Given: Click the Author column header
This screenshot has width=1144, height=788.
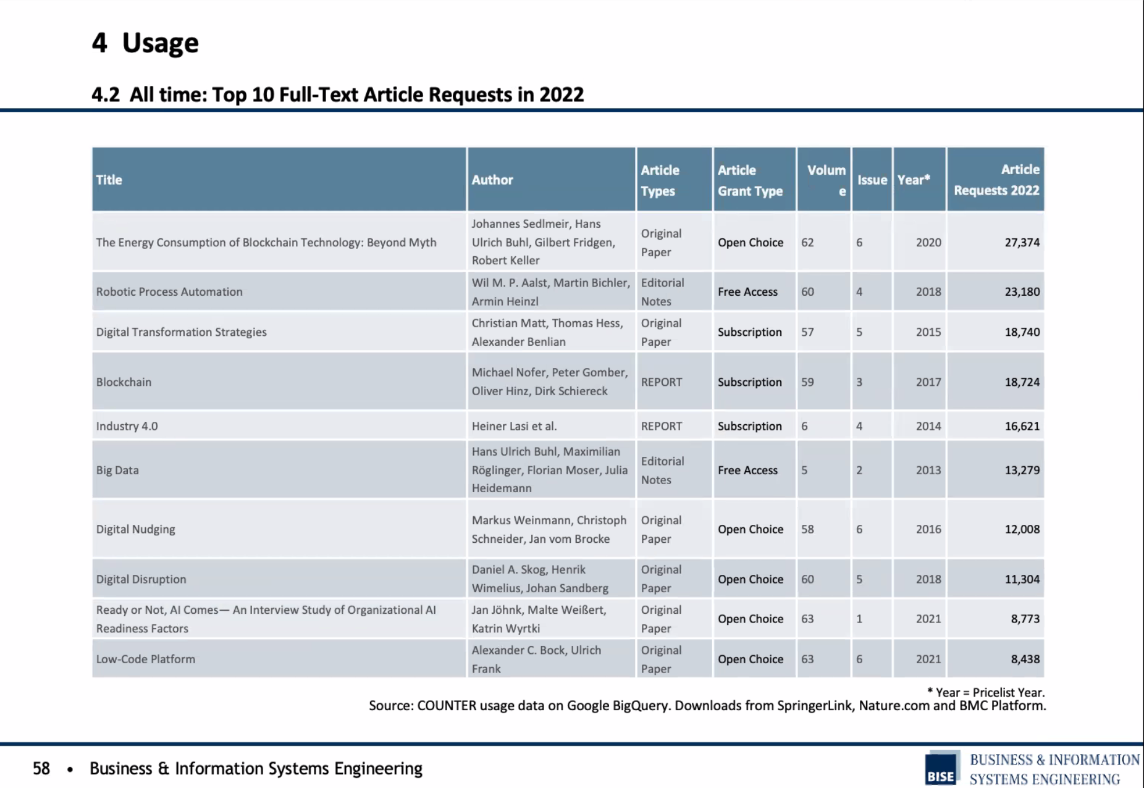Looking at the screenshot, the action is click(492, 180).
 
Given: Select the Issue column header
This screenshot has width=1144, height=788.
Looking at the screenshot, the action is click(872, 180).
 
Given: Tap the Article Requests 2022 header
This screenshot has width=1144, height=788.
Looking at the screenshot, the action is click(996, 180).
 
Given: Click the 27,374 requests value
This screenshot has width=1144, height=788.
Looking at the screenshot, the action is click(1022, 243).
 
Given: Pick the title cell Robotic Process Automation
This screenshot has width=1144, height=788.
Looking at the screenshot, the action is click(169, 291).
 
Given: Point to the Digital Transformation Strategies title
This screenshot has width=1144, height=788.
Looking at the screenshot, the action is click(181, 332).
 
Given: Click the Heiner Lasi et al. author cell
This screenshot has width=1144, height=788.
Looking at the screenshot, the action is click(514, 426).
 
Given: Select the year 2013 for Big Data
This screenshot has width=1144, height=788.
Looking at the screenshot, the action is click(928, 470).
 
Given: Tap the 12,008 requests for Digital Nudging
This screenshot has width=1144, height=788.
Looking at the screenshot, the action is click(1022, 529).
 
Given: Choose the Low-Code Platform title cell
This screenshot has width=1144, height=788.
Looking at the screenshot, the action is click(145, 659).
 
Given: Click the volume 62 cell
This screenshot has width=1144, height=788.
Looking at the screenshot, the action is click(807, 243).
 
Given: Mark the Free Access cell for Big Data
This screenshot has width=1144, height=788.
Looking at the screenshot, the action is click(747, 470).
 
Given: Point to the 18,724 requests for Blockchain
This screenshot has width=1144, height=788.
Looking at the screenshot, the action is click(1022, 382).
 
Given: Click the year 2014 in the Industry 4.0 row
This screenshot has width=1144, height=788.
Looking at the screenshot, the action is click(928, 426).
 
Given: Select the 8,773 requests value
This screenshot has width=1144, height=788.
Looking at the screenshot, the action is click(1025, 619).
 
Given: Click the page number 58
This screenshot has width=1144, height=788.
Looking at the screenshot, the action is click(41, 768).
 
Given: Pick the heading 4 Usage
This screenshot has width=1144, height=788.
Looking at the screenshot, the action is click(145, 43).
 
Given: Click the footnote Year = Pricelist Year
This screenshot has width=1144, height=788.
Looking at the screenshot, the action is click(986, 692).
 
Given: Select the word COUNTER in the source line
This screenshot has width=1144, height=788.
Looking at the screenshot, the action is click(447, 705).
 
